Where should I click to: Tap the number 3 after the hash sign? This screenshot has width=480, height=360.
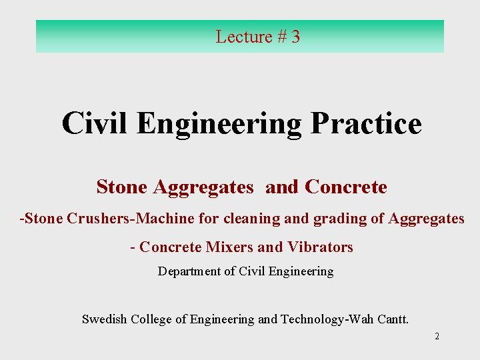(x=295, y=37)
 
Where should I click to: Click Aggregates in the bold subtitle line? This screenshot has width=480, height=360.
(x=203, y=188)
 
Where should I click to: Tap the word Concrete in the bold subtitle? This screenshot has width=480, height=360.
(x=345, y=187)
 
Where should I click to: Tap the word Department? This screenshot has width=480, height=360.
(x=188, y=271)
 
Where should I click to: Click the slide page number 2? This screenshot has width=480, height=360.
(x=437, y=336)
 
